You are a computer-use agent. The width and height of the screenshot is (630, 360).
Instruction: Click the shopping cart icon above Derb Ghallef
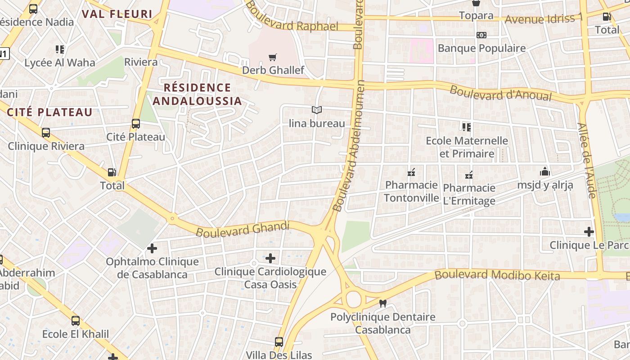[x=272, y=57]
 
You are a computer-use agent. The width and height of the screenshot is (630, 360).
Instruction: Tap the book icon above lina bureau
[x=317, y=110]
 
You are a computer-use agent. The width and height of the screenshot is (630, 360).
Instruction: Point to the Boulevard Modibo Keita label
[x=497, y=275]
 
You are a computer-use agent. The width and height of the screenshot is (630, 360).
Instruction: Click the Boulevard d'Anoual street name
[x=500, y=93]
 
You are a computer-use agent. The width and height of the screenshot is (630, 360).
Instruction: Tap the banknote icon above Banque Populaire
[x=481, y=35]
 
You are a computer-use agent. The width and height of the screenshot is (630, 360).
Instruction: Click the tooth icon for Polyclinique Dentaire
[x=383, y=304]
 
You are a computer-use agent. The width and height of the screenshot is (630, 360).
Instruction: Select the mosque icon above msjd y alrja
[x=545, y=171]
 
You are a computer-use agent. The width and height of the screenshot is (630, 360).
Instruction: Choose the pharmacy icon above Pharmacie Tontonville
[x=411, y=172]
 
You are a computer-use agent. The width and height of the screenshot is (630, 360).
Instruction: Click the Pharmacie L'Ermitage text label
[x=469, y=194]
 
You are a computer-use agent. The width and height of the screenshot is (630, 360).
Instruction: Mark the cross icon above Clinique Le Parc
[x=589, y=232]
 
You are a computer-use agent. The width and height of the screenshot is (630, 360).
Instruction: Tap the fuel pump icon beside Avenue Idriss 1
[x=607, y=17]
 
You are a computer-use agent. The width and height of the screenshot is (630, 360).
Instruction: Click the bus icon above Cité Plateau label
[x=135, y=124]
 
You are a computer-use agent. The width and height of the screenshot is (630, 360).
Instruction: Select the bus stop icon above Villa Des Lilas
[x=279, y=342]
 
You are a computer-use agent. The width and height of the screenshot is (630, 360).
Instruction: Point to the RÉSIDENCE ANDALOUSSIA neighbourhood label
[x=197, y=94]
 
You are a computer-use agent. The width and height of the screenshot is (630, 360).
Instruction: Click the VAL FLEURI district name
[x=117, y=13]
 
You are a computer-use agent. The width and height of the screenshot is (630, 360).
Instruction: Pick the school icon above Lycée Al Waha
[x=60, y=49]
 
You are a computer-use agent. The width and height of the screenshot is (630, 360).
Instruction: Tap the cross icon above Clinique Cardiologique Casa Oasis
[x=270, y=258]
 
